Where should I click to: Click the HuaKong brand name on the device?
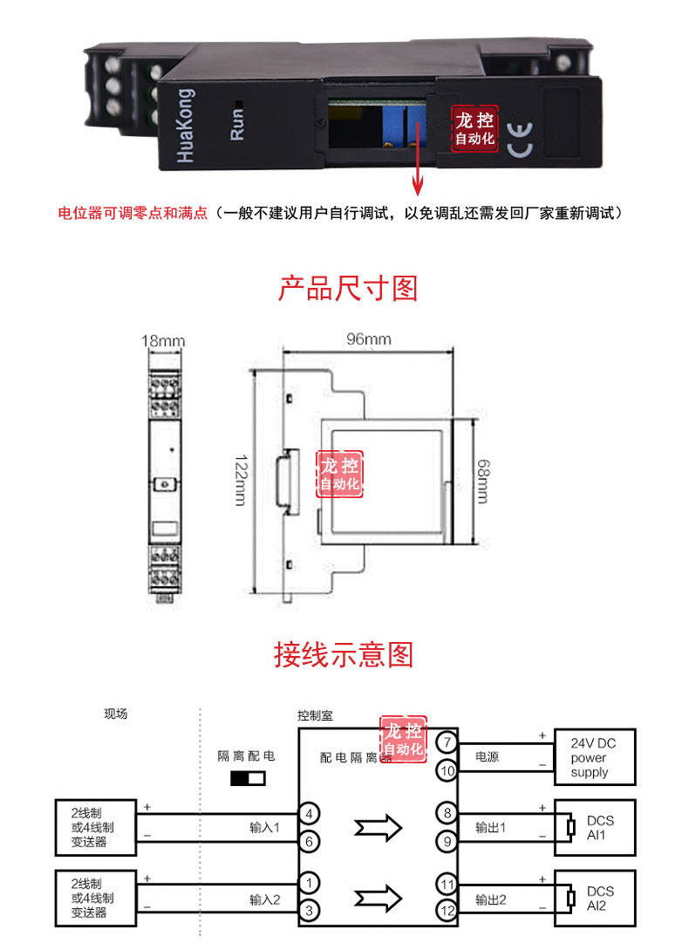186,126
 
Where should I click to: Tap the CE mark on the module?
520,140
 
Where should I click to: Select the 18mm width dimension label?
163,341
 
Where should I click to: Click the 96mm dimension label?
369,339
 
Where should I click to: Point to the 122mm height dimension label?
241,481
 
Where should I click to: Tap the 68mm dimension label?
483,482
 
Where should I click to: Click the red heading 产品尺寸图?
348,288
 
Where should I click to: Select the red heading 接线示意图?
344,654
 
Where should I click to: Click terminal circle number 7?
447,742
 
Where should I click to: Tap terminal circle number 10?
447,770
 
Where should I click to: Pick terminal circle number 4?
309,814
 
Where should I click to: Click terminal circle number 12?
447,911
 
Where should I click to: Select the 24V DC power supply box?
595,757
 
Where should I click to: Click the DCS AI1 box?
595,828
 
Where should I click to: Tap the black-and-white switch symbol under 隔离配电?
248,778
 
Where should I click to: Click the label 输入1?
265,828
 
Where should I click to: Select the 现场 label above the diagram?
116,714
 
